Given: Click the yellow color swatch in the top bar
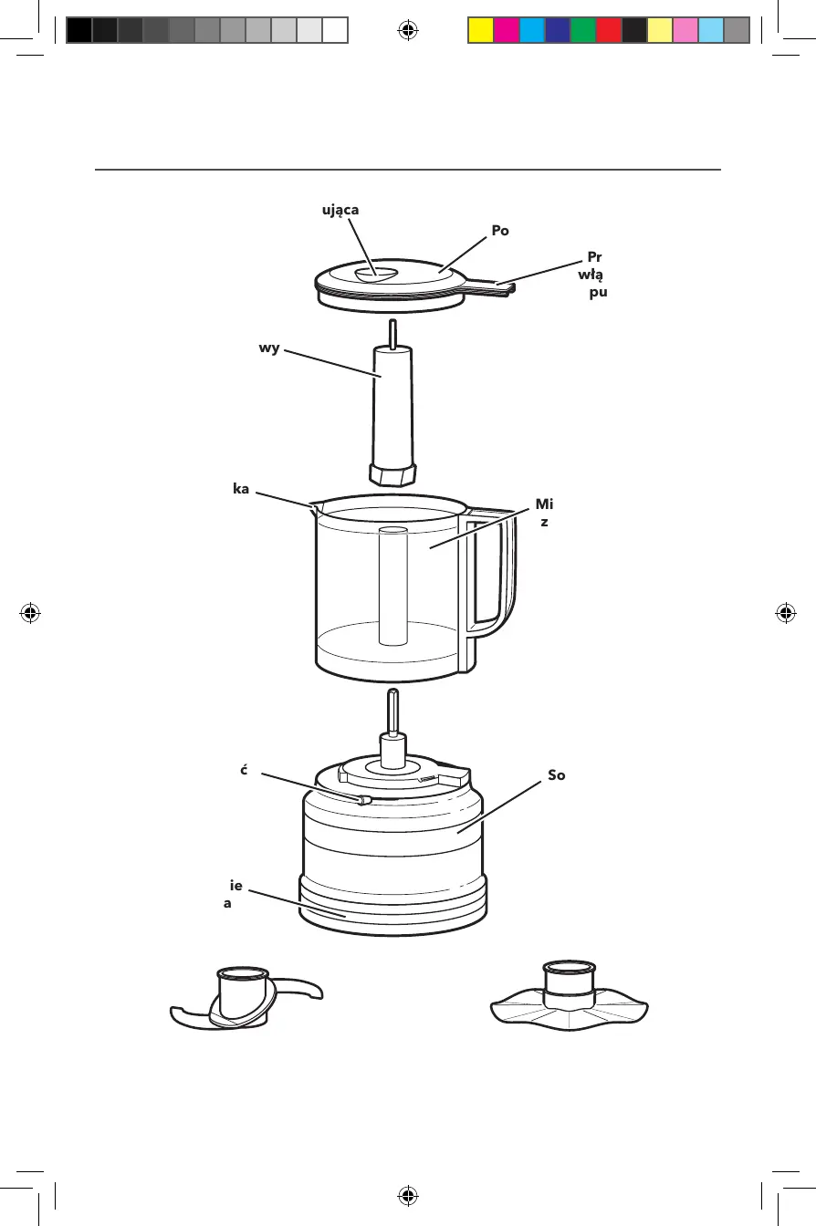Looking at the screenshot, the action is click(x=480, y=31).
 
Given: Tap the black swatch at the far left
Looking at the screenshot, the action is click(x=78, y=31).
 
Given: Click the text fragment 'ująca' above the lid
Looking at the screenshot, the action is click(x=340, y=210).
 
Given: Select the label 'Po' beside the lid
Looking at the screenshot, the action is click(x=499, y=231).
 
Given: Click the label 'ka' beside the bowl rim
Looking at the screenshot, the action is click(x=242, y=490).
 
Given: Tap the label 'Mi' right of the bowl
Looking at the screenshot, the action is click(x=545, y=504).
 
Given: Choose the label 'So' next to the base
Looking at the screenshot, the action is click(x=556, y=774).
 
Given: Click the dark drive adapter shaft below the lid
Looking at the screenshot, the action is click(x=392, y=410).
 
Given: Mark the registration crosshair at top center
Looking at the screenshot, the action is click(x=408, y=31).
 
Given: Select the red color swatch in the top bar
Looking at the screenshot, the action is click(x=608, y=31).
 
